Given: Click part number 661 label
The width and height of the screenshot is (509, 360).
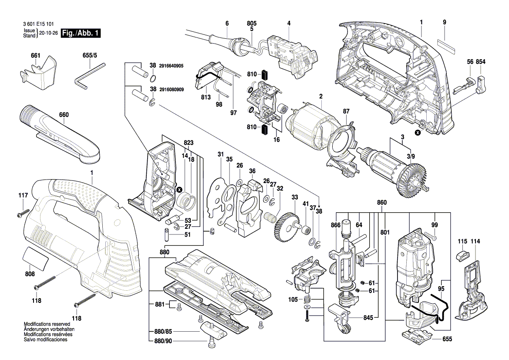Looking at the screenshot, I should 35,55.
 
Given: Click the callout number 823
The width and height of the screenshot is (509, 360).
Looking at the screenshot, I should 189,143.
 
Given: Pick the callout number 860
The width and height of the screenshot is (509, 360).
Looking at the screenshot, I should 381,203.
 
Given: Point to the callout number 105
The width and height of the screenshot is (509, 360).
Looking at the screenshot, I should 293,299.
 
